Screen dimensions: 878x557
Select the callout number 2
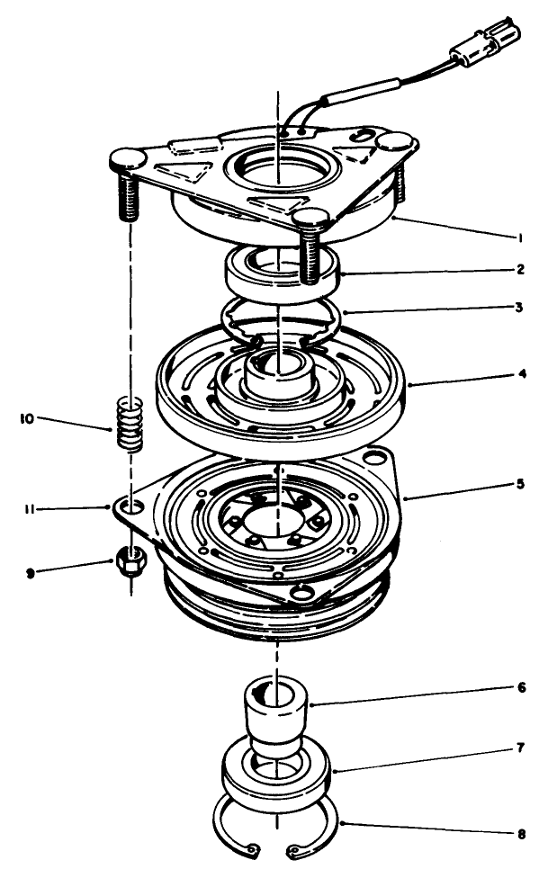(x=520, y=269)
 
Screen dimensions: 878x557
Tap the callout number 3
(x=520, y=307)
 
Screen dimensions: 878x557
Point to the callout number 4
(x=520, y=373)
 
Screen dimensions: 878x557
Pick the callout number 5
(x=520, y=483)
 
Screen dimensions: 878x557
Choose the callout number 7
(x=520, y=748)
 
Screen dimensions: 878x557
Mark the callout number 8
(x=520, y=834)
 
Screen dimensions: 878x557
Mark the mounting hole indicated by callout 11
(x=132, y=508)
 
